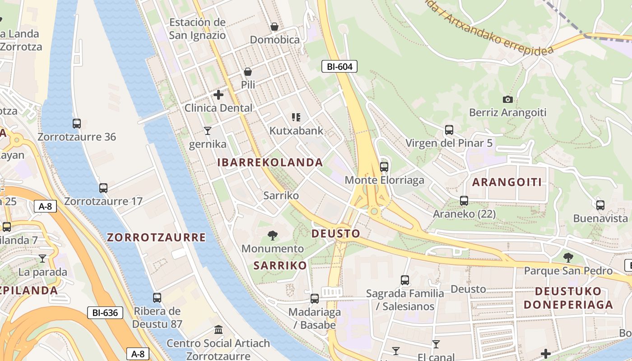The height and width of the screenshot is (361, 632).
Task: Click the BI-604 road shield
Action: [x=339, y=67]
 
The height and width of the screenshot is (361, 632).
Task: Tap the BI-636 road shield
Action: [x=105, y=312]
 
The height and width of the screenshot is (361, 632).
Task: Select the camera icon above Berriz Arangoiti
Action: [x=507, y=99]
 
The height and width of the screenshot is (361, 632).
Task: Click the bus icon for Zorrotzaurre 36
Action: [x=77, y=123]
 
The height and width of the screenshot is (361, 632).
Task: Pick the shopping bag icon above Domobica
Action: [x=274, y=27]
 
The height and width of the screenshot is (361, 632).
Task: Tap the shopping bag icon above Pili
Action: [x=248, y=72]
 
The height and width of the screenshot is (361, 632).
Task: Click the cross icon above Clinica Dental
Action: [x=218, y=95]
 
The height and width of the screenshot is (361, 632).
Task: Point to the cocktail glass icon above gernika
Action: [x=207, y=131]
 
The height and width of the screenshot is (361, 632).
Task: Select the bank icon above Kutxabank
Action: [x=296, y=117]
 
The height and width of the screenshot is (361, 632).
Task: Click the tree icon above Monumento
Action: [x=272, y=235]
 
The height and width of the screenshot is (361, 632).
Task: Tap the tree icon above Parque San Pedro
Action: [x=568, y=258]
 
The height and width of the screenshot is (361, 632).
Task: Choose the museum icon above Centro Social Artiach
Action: [x=218, y=330]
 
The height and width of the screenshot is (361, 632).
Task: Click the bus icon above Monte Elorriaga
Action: [x=384, y=167]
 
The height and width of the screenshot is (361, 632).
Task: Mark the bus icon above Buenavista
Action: [x=600, y=205]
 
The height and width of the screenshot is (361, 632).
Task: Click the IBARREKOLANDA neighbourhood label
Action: [x=270, y=162]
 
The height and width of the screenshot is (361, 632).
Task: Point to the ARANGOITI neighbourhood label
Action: [x=507, y=182]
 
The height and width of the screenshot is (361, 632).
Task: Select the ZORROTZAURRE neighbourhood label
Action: [x=156, y=237]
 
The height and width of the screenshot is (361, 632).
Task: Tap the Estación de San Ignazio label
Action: [x=197, y=28]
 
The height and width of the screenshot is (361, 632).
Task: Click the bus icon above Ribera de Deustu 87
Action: [x=157, y=298]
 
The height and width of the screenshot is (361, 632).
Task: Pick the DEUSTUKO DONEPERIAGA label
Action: [x=568, y=298]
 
